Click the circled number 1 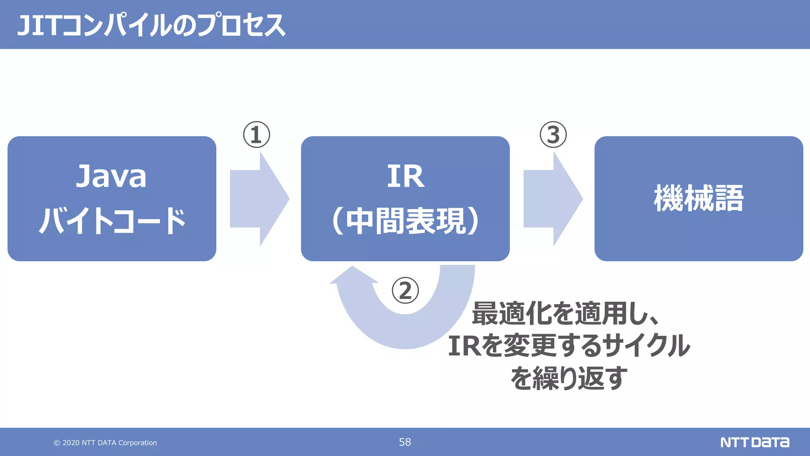(x=256, y=135)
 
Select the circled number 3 (x=553, y=135)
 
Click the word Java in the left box (x=111, y=177)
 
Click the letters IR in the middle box (x=405, y=177)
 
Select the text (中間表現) (x=405, y=221)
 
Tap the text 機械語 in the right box (x=698, y=198)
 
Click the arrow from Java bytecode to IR (x=259, y=199)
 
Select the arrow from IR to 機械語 (x=553, y=199)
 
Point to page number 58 (x=405, y=442)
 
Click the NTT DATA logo (x=754, y=442)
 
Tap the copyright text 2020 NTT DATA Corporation (x=106, y=443)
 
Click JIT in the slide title (x=38, y=26)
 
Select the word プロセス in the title (x=241, y=26)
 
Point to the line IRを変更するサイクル (x=569, y=346)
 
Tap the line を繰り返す (x=569, y=378)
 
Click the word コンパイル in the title (x=116, y=26)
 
